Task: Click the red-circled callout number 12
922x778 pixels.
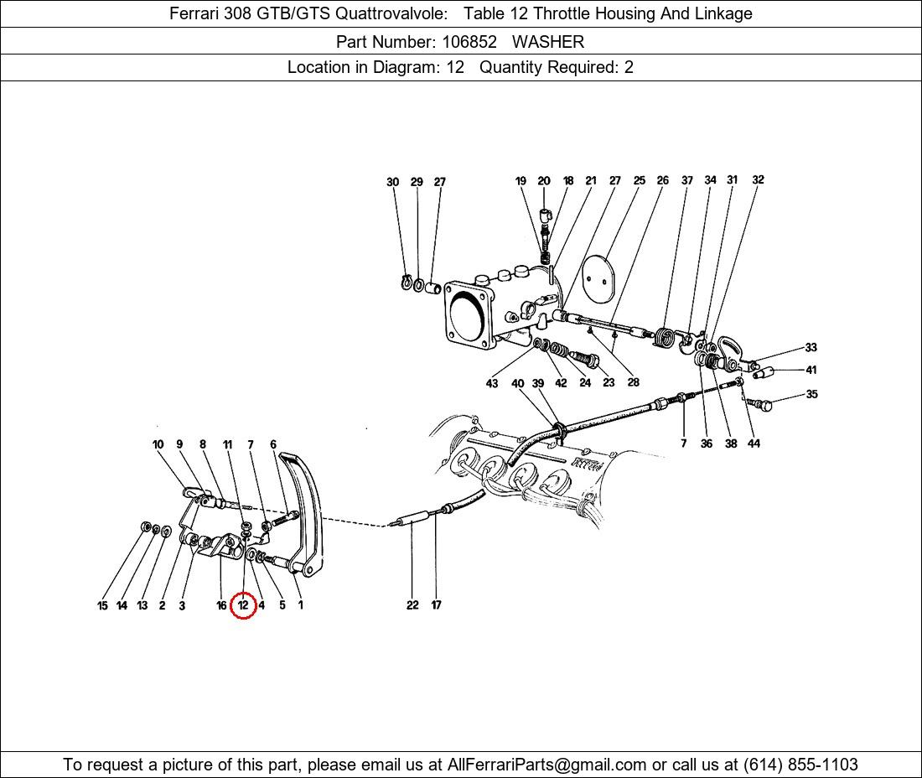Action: point(243,605)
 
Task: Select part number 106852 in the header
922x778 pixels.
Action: point(469,42)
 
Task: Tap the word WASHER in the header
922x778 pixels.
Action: point(548,42)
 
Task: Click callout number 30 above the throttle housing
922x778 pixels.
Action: point(393,182)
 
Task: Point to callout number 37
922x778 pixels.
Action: point(686,180)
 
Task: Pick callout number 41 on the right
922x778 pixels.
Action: point(811,370)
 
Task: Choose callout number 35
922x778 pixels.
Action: point(811,394)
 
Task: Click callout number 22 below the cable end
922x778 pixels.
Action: point(412,605)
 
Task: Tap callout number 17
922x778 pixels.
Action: point(436,605)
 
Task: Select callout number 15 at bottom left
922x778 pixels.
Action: point(102,605)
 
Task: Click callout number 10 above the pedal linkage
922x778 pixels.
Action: point(158,444)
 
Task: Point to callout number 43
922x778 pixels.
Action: point(491,383)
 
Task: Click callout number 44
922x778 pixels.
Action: point(754,443)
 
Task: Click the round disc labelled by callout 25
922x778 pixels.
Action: point(598,278)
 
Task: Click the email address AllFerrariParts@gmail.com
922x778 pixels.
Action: point(546,765)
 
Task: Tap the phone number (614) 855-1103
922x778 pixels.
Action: point(800,765)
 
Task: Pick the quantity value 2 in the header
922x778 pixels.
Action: point(629,67)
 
